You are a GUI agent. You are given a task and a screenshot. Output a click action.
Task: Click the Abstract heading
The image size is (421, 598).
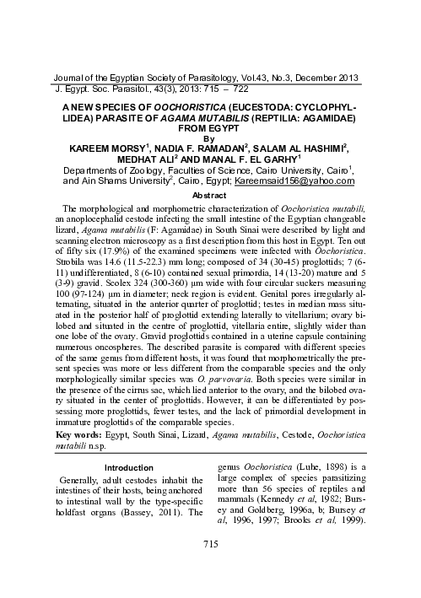click(211, 194)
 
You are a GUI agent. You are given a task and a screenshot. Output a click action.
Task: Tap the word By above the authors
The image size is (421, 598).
click(211, 139)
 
